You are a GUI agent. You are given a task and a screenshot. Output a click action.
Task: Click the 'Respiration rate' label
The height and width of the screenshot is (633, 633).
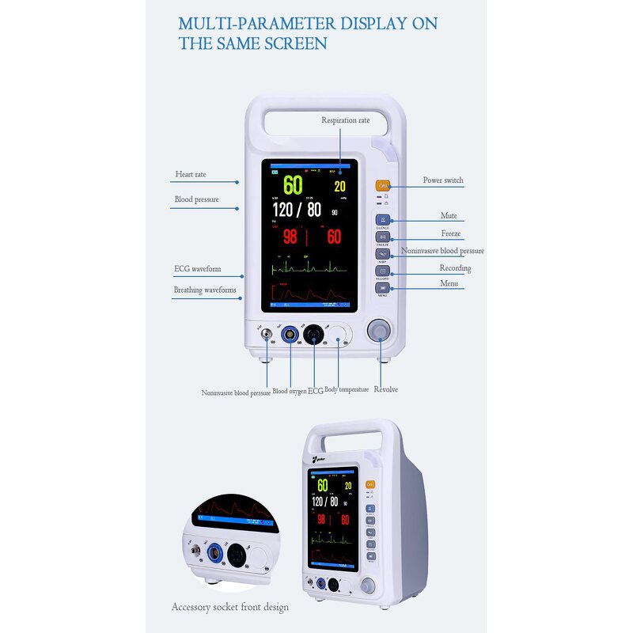tap(345, 120)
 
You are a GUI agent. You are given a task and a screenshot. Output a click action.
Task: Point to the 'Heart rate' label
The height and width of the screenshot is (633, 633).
tap(190, 174)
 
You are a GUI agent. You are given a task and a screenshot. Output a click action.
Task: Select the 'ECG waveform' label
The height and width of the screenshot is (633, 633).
tap(197, 269)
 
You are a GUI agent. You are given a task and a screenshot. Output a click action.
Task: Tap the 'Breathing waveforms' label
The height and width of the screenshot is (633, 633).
tap(205, 290)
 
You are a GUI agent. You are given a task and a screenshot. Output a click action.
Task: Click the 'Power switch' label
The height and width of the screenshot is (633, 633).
tap(443, 180)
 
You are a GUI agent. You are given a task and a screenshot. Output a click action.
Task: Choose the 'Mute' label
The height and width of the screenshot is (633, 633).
tap(449, 216)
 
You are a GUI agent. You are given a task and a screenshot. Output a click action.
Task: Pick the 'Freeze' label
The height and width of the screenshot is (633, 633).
tap(451, 234)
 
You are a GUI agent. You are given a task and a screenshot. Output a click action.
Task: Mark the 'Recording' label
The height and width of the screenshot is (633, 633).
tap(455, 268)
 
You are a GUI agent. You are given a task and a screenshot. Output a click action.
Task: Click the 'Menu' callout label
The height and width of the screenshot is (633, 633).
tap(449, 283)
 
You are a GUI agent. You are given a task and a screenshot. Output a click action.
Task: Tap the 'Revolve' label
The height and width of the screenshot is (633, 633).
tap(385, 389)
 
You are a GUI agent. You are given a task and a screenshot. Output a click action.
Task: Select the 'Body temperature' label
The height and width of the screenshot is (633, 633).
tap(347, 389)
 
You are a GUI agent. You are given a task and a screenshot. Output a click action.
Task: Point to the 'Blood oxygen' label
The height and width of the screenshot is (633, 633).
tap(289, 391)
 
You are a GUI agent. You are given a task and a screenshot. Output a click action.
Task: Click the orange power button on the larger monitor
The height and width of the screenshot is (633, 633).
tap(383, 186)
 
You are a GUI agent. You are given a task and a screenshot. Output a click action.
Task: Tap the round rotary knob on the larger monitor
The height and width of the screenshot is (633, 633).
tap(380, 329)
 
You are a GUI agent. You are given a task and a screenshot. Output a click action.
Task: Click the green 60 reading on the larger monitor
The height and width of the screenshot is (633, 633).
tap(293, 185)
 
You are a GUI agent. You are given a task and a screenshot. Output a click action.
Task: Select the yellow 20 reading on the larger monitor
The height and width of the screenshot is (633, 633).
tap(339, 187)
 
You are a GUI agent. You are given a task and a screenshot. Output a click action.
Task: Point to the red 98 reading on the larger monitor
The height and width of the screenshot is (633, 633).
tap(290, 237)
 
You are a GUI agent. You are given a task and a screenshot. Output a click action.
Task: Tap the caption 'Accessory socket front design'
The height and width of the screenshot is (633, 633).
tap(230, 607)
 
